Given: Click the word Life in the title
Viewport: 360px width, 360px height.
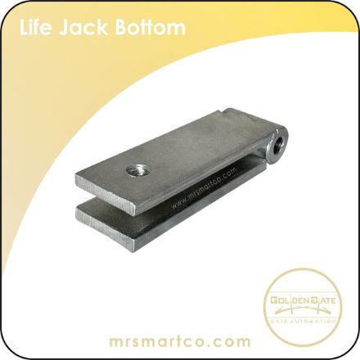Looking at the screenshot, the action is click(35, 28).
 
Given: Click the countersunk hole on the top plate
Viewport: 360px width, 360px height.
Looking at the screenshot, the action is click(136, 171).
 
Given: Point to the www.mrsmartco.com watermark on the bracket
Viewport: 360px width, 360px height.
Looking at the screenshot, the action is click(204, 188).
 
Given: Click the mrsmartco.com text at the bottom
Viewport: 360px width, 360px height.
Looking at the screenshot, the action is click(180, 341).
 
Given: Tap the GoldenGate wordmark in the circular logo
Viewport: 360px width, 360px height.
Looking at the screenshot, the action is click(303, 301).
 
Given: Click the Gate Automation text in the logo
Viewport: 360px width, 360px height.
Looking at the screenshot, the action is click(303, 321).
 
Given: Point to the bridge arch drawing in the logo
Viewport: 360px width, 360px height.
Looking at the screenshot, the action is click(303, 309).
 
